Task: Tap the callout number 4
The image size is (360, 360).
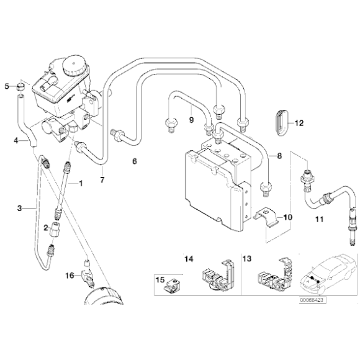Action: click(x=16, y=142)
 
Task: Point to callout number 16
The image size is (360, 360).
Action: click(x=70, y=275)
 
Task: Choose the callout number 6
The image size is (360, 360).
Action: click(x=133, y=162)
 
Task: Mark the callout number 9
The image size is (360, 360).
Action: click(x=192, y=119)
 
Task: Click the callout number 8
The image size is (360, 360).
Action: click(x=279, y=157)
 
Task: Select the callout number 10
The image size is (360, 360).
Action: click(x=287, y=217)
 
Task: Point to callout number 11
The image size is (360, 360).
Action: click(x=319, y=220)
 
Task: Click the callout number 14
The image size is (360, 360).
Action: click(x=189, y=258)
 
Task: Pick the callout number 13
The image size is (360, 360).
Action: click(x=246, y=258)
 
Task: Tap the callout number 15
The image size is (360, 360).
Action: click(x=160, y=279)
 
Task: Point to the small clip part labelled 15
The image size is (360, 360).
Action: click(x=173, y=285)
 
